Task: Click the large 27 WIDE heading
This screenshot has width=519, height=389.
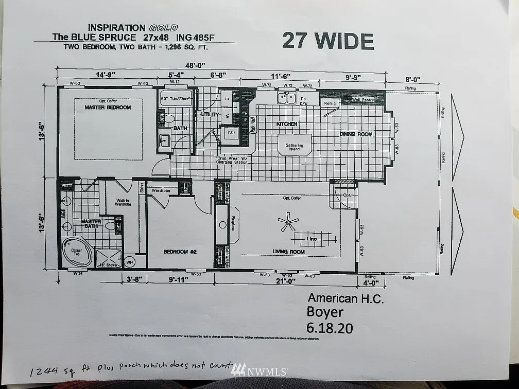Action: tap(328, 40)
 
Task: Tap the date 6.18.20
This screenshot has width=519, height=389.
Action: tap(330, 328)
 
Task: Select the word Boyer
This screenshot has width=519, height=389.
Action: tap(326, 312)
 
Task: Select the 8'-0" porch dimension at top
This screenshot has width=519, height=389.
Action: tap(412, 80)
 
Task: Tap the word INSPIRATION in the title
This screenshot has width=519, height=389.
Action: tap(116, 27)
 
